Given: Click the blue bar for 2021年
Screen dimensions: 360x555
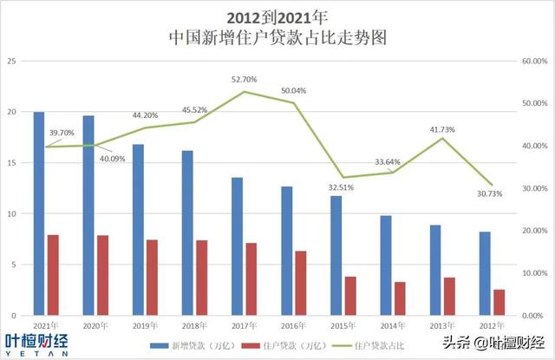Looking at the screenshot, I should (x=39, y=213).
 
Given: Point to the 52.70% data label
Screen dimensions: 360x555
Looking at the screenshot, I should (x=245, y=79).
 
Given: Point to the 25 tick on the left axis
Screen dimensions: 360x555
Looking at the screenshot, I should (x=11, y=61).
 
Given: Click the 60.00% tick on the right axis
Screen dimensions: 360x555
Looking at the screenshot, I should (x=532, y=61).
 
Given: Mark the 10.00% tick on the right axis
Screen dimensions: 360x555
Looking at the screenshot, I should (x=532, y=272).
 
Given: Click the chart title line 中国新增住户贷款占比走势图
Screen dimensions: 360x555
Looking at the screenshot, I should (x=277, y=37).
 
